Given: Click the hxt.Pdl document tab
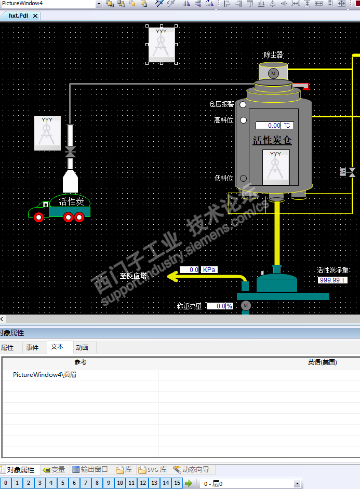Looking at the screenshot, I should (x=19, y=16).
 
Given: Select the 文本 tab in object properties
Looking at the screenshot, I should (x=58, y=347).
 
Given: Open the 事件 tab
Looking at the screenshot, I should (x=32, y=347).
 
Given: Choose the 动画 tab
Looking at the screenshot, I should (x=82, y=347).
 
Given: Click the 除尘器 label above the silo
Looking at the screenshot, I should (x=274, y=55).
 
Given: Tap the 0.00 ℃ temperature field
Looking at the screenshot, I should (x=274, y=125).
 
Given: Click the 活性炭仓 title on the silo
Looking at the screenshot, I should (x=272, y=140).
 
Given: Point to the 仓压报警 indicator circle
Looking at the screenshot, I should (x=243, y=104).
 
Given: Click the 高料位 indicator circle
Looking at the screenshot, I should (x=243, y=120).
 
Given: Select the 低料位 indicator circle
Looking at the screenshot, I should (x=243, y=178).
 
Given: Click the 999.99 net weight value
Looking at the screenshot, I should (x=329, y=280).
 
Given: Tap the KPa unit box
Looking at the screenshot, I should (x=209, y=269).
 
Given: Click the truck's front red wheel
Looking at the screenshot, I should (x=38, y=217).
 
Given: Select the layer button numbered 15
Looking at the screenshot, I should (x=177, y=483).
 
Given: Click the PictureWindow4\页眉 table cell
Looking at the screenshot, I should (x=45, y=374).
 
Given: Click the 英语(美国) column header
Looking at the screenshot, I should (x=322, y=362).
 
